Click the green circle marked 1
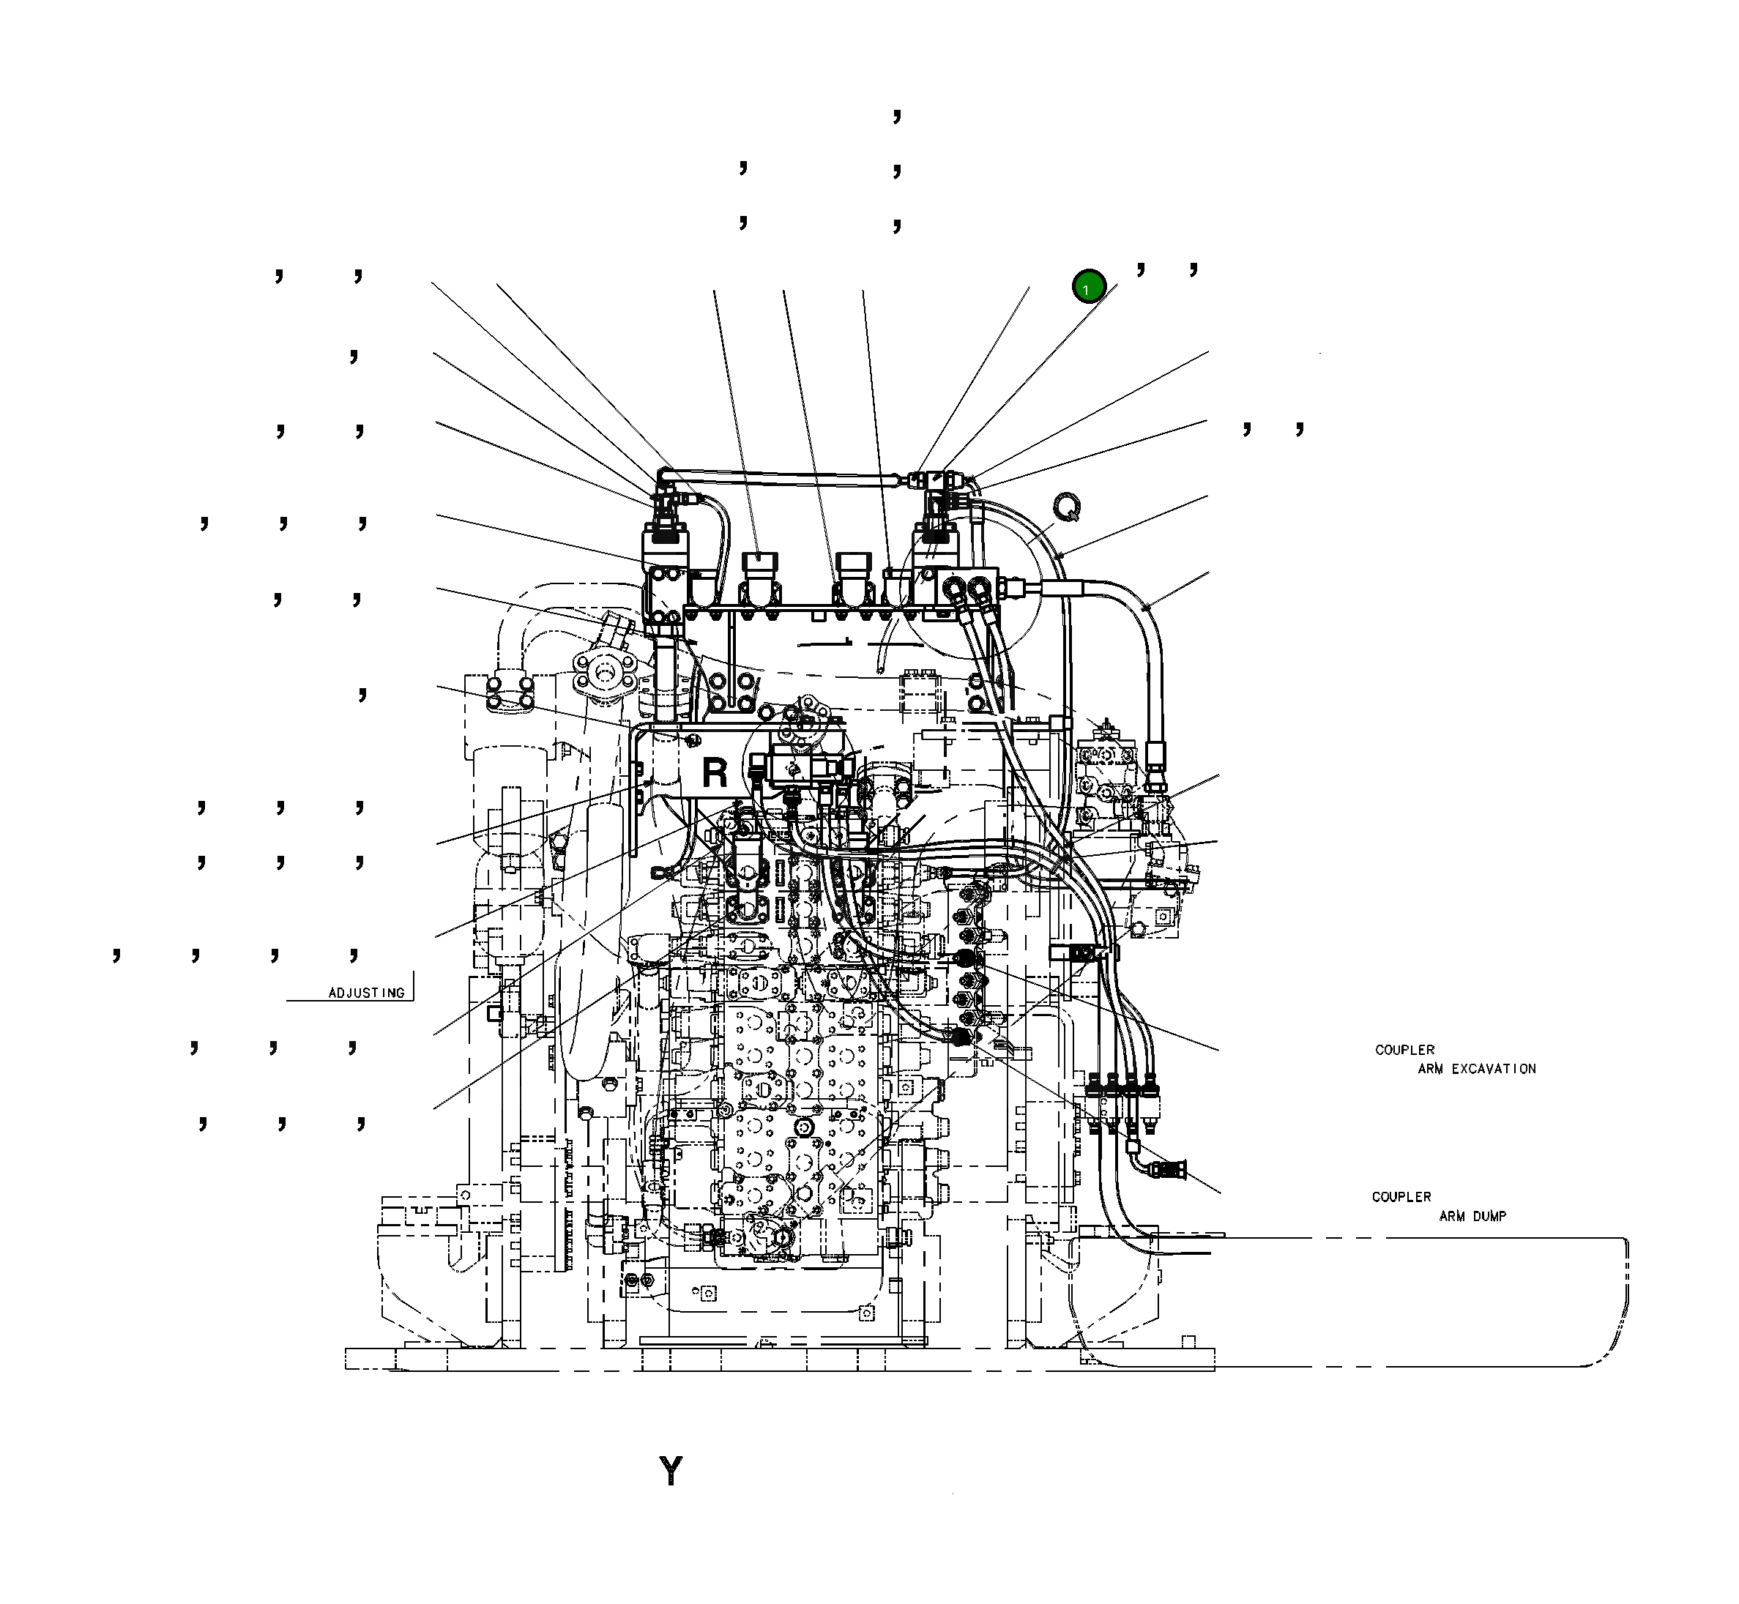[x=1088, y=286]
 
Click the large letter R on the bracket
[x=715, y=772]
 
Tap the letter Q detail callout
[x=1067, y=507]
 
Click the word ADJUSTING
[x=366, y=993]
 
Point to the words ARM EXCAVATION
[x=1477, y=1068]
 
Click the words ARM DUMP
[x=1472, y=1216]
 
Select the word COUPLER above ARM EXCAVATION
[x=1404, y=1049]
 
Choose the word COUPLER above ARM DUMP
[x=1401, y=1197]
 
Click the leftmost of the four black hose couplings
[x=1093, y=1085]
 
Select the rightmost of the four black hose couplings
[x=1151, y=1085]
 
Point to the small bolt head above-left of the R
[x=692, y=739]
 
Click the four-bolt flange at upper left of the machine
[x=605, y=673]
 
